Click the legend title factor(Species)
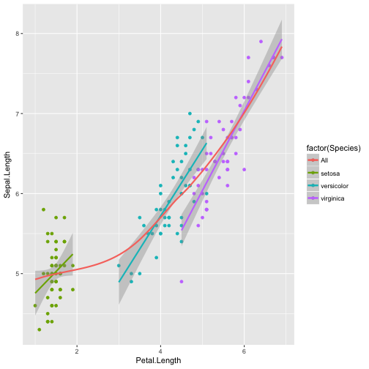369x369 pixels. tap(333, 147)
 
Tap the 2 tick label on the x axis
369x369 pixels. tap(76, 350)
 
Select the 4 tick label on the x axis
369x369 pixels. tap(160, 350)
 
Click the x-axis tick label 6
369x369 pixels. tap(245, 350)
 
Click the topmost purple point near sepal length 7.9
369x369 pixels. tap(261, 42)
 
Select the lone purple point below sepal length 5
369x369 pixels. tap(181, 281)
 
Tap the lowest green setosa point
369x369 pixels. tap(39, 329)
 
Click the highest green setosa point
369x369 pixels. tap(43, 209)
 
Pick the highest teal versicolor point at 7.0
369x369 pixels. tap(190, 113)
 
